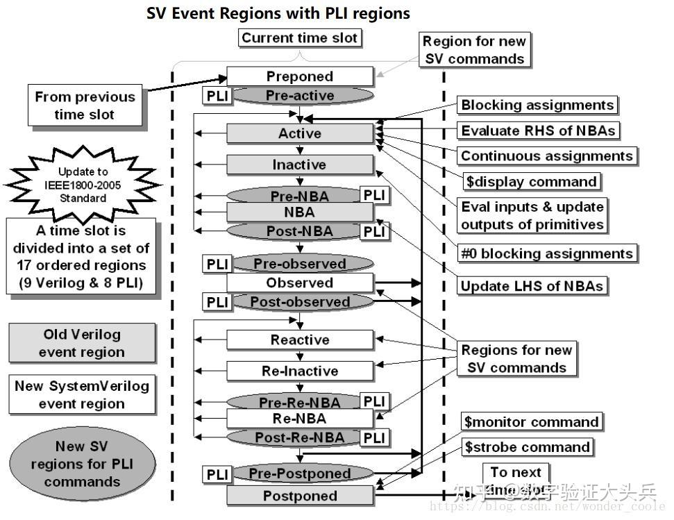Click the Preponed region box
tap(300, 76)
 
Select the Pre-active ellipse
tap(300, 96)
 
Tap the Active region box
tap(300, 133)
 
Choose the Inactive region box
tap(300, 165)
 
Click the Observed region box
tap(300, 283)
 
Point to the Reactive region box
tap(300, 339)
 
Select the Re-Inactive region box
tap(300, 371)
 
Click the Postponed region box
tap(300, 496)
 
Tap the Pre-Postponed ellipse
tap(300, 473)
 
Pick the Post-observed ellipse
tap(300, 302)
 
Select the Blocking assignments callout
tap(537, 105)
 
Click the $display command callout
tap(531, 182)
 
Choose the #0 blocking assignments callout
tap(547, 253)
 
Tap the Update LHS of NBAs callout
tap(532, 285)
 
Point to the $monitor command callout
tap(531, 422)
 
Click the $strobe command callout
tap(528, 447)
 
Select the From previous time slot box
tap(85, 106)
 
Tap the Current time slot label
tap(299, 37)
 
